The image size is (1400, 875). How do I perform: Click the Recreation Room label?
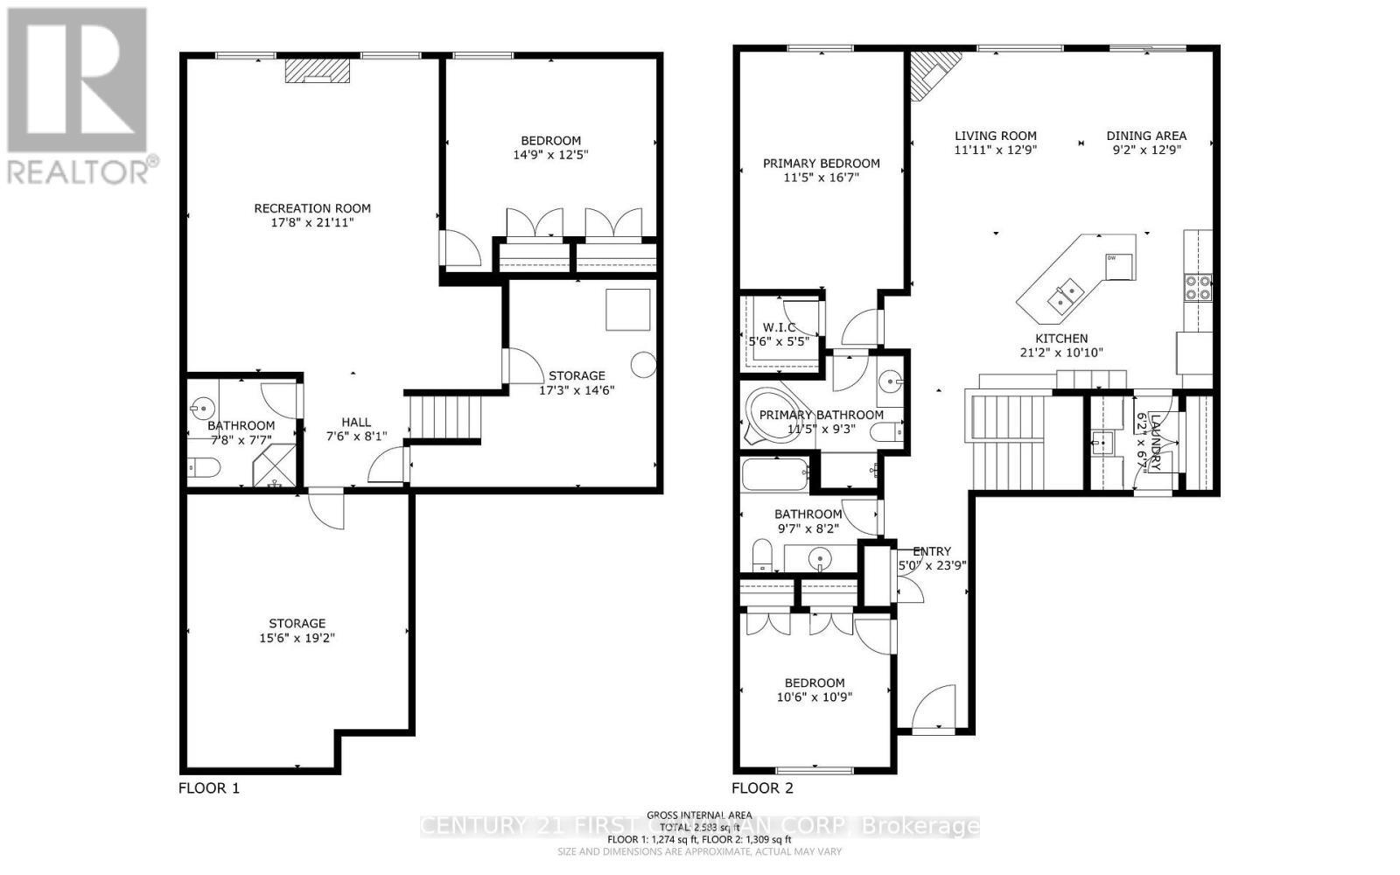coord(312,208)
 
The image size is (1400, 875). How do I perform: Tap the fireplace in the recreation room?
coord(310,71)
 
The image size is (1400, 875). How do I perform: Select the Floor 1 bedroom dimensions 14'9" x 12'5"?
coord(550,155)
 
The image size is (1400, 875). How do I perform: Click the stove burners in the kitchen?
coord(1198,287)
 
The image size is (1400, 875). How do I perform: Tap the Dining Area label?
coord(1146,136)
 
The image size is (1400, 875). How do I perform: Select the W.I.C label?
coord(779,327)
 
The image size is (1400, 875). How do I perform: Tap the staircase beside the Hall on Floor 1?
coord(445,418)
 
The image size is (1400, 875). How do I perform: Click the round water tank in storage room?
coord(644,364)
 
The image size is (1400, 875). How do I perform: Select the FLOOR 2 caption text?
coord(762,787)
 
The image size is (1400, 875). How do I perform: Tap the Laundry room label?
coord(1155,442)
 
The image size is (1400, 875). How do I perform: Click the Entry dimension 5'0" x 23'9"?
coord(932,565)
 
